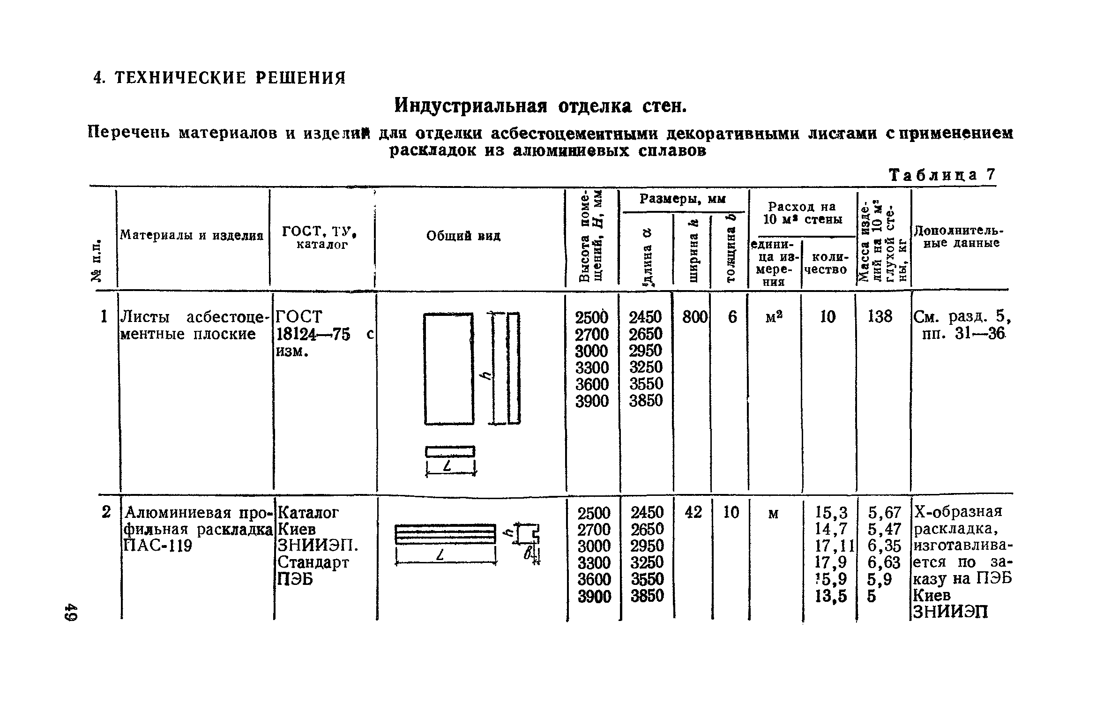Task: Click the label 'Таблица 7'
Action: [941, 175]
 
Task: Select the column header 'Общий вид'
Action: [463, 236]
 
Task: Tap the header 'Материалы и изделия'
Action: [192, 235]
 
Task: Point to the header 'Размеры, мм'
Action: [682, 200]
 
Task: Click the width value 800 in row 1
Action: [694, 317]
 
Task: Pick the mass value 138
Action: [880, 317]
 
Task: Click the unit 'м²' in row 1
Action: [774, 318]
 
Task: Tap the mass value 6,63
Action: [884, 562]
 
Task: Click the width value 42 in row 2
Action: [693, 512]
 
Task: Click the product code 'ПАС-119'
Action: [157, 546]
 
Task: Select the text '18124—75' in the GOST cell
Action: [313, 335]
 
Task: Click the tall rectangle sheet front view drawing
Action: [448, 369]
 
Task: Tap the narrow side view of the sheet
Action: [514, 368]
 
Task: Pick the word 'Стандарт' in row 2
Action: [313, 562]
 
